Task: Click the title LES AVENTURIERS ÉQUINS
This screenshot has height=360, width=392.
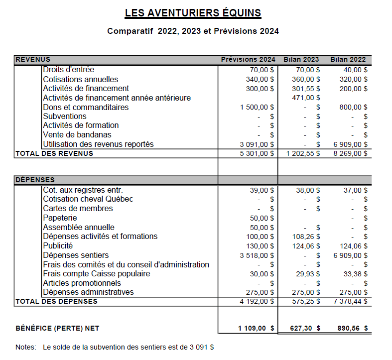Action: [193, 12]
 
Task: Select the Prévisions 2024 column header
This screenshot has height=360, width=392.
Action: [248, 60]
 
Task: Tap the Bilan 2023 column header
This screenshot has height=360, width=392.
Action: [301, 60]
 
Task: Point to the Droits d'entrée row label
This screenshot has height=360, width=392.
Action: [68, 70]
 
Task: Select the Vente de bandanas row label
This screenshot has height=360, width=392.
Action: [77, 135]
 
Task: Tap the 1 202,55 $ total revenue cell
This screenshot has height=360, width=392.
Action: [303, 153]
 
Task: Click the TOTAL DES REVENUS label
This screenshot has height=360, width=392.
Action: [54, 153]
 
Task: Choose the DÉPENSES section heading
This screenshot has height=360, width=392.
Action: [35, 180]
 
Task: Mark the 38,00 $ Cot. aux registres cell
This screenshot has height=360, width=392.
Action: [308, 190]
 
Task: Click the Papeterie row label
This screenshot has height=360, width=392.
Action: [60, 218]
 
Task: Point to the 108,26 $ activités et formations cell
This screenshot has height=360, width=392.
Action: [304, 237]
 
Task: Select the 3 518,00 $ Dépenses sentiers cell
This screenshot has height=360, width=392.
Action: [257, 255]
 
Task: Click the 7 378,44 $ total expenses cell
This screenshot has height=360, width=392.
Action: [350, 301]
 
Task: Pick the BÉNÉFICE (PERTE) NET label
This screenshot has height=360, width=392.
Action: [57, 328]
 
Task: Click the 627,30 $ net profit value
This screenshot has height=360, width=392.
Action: [305, 328]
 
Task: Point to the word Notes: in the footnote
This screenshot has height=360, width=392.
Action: [26, 347]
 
